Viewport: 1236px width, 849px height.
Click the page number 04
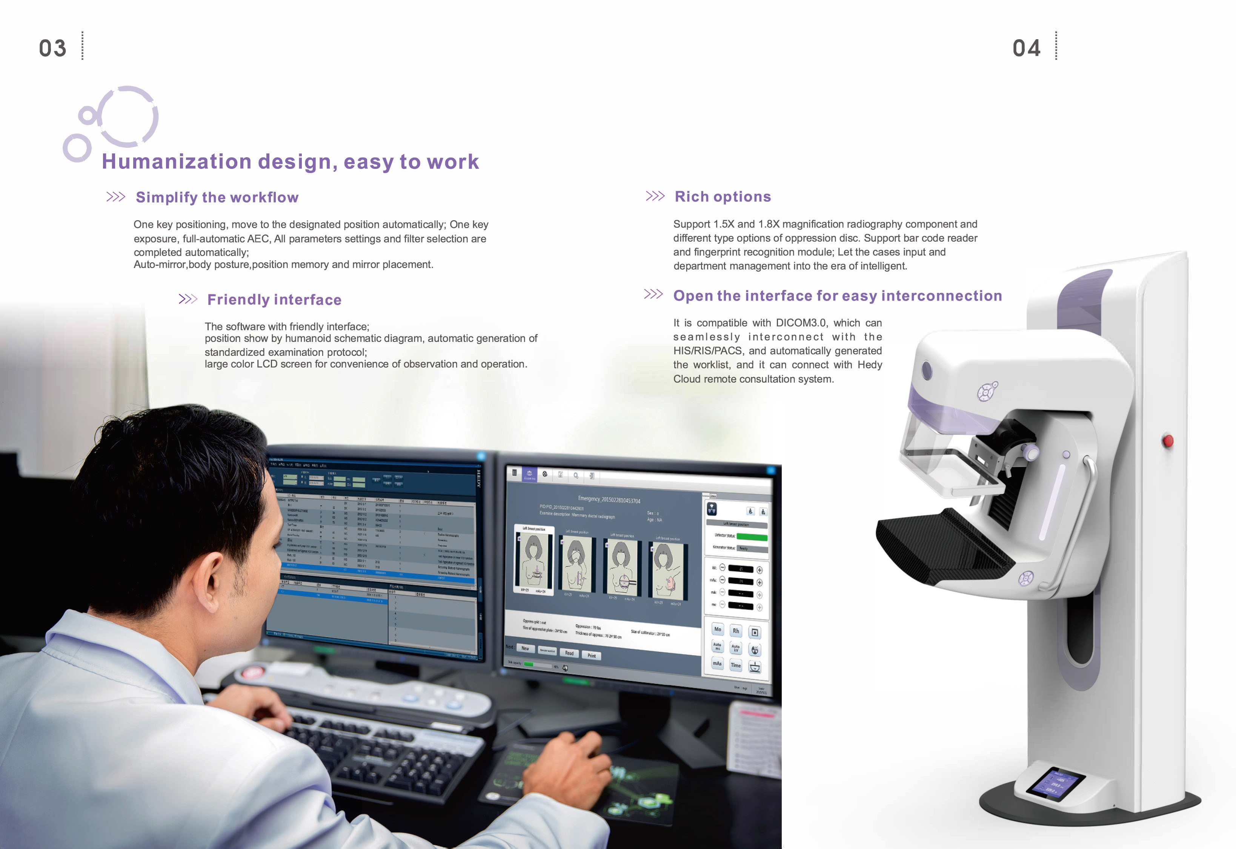click(x=1026, y=48)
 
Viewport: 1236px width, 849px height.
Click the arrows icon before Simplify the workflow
click(x=115, y=197)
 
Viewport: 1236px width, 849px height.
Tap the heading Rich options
click(x=723, y=197)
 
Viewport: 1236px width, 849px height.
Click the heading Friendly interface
click(x=274, y=300)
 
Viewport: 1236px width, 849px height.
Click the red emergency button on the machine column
click(x=1168, y=440)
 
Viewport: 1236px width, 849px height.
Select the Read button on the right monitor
click(x=569, y=653)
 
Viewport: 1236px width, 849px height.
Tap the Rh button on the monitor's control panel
click(x=736, y=631)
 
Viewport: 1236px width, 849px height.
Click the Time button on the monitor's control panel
click(x=736, y=665)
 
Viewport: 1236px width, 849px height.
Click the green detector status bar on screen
click(x=752, y=537)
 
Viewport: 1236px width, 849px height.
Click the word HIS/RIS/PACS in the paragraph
click(x=707, y=351)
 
